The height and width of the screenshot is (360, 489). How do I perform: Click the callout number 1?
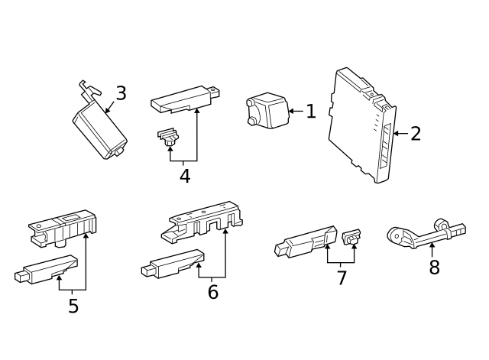(x=310, y=112)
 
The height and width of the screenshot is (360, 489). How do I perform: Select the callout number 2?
(x=415, y=134)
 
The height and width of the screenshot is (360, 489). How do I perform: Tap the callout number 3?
(x=121, y=94)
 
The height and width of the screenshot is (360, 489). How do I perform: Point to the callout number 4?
(x=184, y=176)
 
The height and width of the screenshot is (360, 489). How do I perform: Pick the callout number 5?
(x=73, y=306)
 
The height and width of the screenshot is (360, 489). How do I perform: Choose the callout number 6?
(x=212, y=291)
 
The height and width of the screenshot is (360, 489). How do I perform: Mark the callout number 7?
(x=342, y=277)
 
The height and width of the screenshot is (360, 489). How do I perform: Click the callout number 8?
(x=434, y=268)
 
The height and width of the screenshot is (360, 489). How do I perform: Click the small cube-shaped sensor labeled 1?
(x=267, y=109)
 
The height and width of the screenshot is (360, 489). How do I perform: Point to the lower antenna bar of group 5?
(x=47, y=269)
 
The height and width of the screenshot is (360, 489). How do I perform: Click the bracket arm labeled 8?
(x=424, y=234)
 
